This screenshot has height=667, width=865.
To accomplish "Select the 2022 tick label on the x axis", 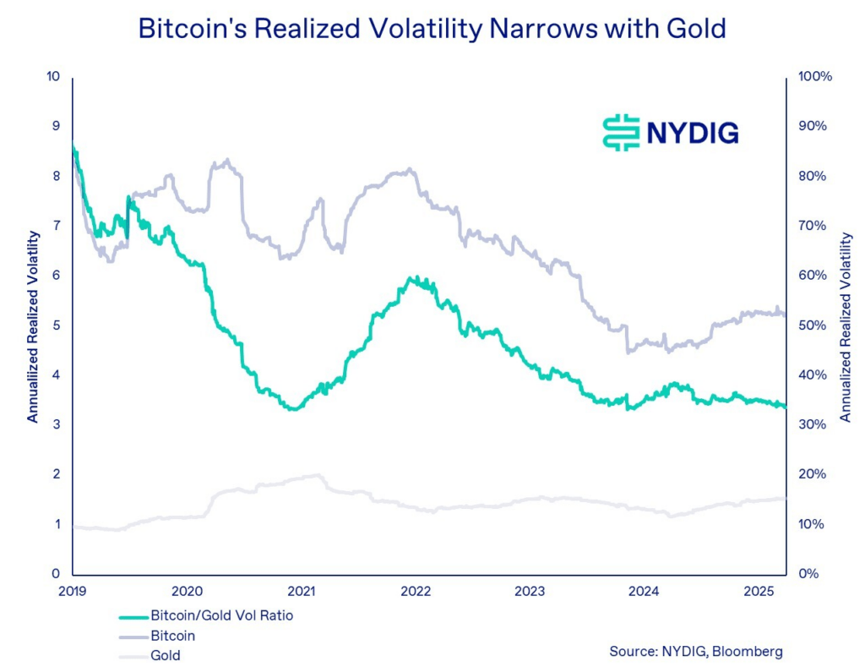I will point(416,590).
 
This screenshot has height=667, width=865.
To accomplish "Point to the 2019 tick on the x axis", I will point(73,590).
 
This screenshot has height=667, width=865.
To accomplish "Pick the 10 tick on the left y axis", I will point(54,77).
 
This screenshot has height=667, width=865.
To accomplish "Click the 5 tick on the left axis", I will point(57,325).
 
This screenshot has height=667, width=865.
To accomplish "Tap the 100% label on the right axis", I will point(815,77).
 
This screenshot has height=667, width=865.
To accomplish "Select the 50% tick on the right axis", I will point(813,325).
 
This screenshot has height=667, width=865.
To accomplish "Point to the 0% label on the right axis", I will point(809,574).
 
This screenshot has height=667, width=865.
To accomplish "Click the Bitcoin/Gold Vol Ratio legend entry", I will point(221,615).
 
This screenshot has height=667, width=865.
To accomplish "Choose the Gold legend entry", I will point(166,655).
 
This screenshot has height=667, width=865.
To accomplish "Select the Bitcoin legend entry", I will point(173,635).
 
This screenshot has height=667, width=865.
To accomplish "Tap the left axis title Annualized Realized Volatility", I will point(32,325).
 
